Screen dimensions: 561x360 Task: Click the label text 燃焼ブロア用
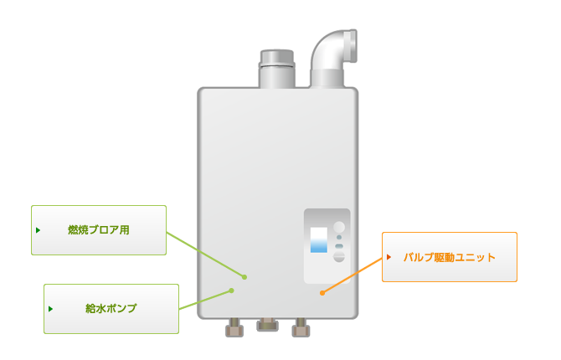[x=99, y=229]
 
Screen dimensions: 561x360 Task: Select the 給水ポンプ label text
[x=111, y=308]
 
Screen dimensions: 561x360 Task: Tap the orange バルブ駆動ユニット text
[x=450, y=257]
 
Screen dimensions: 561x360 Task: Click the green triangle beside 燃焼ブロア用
[x=38, y=230]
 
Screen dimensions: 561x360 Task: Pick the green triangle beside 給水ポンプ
[x=50, y=309]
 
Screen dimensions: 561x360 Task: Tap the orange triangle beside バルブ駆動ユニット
[x=389, y=257]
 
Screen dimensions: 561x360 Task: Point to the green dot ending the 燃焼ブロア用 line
[x=244, y=277]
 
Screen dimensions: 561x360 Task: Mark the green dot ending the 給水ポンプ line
[x=231, y=291]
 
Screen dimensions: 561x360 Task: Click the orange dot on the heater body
[x=322, y=293]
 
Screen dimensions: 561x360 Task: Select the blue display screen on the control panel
[x=319, y=239]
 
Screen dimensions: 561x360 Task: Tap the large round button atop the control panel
[x=339, y=227]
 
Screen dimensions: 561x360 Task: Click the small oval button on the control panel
[x=339, y=246]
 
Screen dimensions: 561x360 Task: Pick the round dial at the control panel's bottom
[x=339, y=256]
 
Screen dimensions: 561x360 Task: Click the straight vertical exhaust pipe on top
[x=277, y=69]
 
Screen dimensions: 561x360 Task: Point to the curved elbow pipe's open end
[x=351, y=46]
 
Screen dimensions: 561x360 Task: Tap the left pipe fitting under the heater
[x=234, y=327]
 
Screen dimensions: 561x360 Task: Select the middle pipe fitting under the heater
[x=268, y=324]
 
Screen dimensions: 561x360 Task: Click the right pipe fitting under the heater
[x=301, y=327]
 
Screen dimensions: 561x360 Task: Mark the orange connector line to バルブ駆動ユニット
[x=353, y=275]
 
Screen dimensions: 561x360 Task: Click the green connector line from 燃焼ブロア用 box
[x=205, y=255]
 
